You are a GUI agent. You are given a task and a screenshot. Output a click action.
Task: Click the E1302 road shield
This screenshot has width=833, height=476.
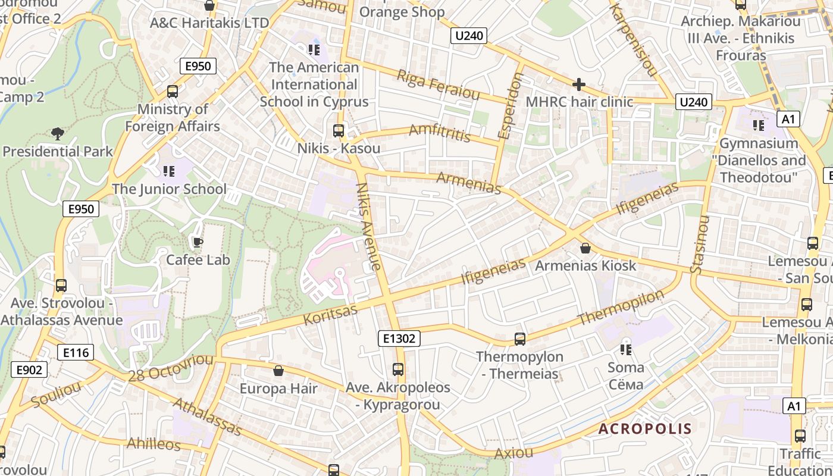(x=399, y=339)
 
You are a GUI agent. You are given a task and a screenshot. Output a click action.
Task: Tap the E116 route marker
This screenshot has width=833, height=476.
(x=76, y=352)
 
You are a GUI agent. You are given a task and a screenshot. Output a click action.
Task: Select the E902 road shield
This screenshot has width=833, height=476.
(x=29, y=370)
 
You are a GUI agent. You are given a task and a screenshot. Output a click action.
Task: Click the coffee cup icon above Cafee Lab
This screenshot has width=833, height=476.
(x=197, y=242)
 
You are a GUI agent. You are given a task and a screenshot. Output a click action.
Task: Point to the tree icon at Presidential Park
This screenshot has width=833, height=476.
(x=57, y=133)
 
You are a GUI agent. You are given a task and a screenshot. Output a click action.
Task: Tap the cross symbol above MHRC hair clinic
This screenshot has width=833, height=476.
(x=578, y=84)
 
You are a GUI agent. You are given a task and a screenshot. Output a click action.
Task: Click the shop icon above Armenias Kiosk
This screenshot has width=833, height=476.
(x=585, y=248)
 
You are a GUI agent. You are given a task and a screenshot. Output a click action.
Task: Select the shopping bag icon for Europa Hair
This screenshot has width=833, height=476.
(x=278, y=371)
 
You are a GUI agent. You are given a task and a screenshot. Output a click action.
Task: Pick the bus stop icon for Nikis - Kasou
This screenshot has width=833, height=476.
(x=339, y=130)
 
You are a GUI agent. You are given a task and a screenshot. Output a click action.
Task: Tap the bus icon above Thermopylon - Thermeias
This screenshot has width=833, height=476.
(x=519, y=339)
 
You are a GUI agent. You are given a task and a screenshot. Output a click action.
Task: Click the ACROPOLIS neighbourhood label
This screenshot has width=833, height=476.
(x=645, y=428)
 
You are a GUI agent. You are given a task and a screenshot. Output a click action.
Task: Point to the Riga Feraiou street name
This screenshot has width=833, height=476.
(x=438, y=85)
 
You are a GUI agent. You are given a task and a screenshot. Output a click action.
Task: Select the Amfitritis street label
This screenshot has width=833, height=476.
(x=440, y=133)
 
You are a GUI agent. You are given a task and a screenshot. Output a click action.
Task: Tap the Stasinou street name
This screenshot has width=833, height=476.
(x=701, y=245)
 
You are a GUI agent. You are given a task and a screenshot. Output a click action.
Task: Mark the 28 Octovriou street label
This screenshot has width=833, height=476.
(x=170, y=367)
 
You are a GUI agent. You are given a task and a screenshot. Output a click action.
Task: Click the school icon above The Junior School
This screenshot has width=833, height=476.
(x=169, y=171)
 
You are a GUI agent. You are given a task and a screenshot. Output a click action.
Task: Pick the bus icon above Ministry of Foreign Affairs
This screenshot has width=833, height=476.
(x=173, y=92)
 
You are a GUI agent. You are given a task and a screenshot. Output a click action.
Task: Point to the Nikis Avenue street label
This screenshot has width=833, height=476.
(x=368, y=226)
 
